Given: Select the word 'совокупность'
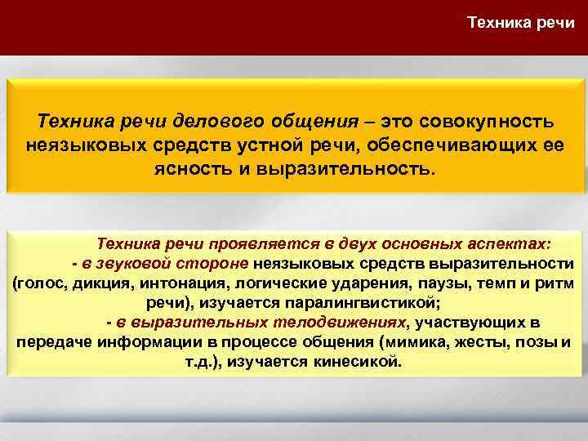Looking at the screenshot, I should [488, 122].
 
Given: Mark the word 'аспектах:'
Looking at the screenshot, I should [515, 243].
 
